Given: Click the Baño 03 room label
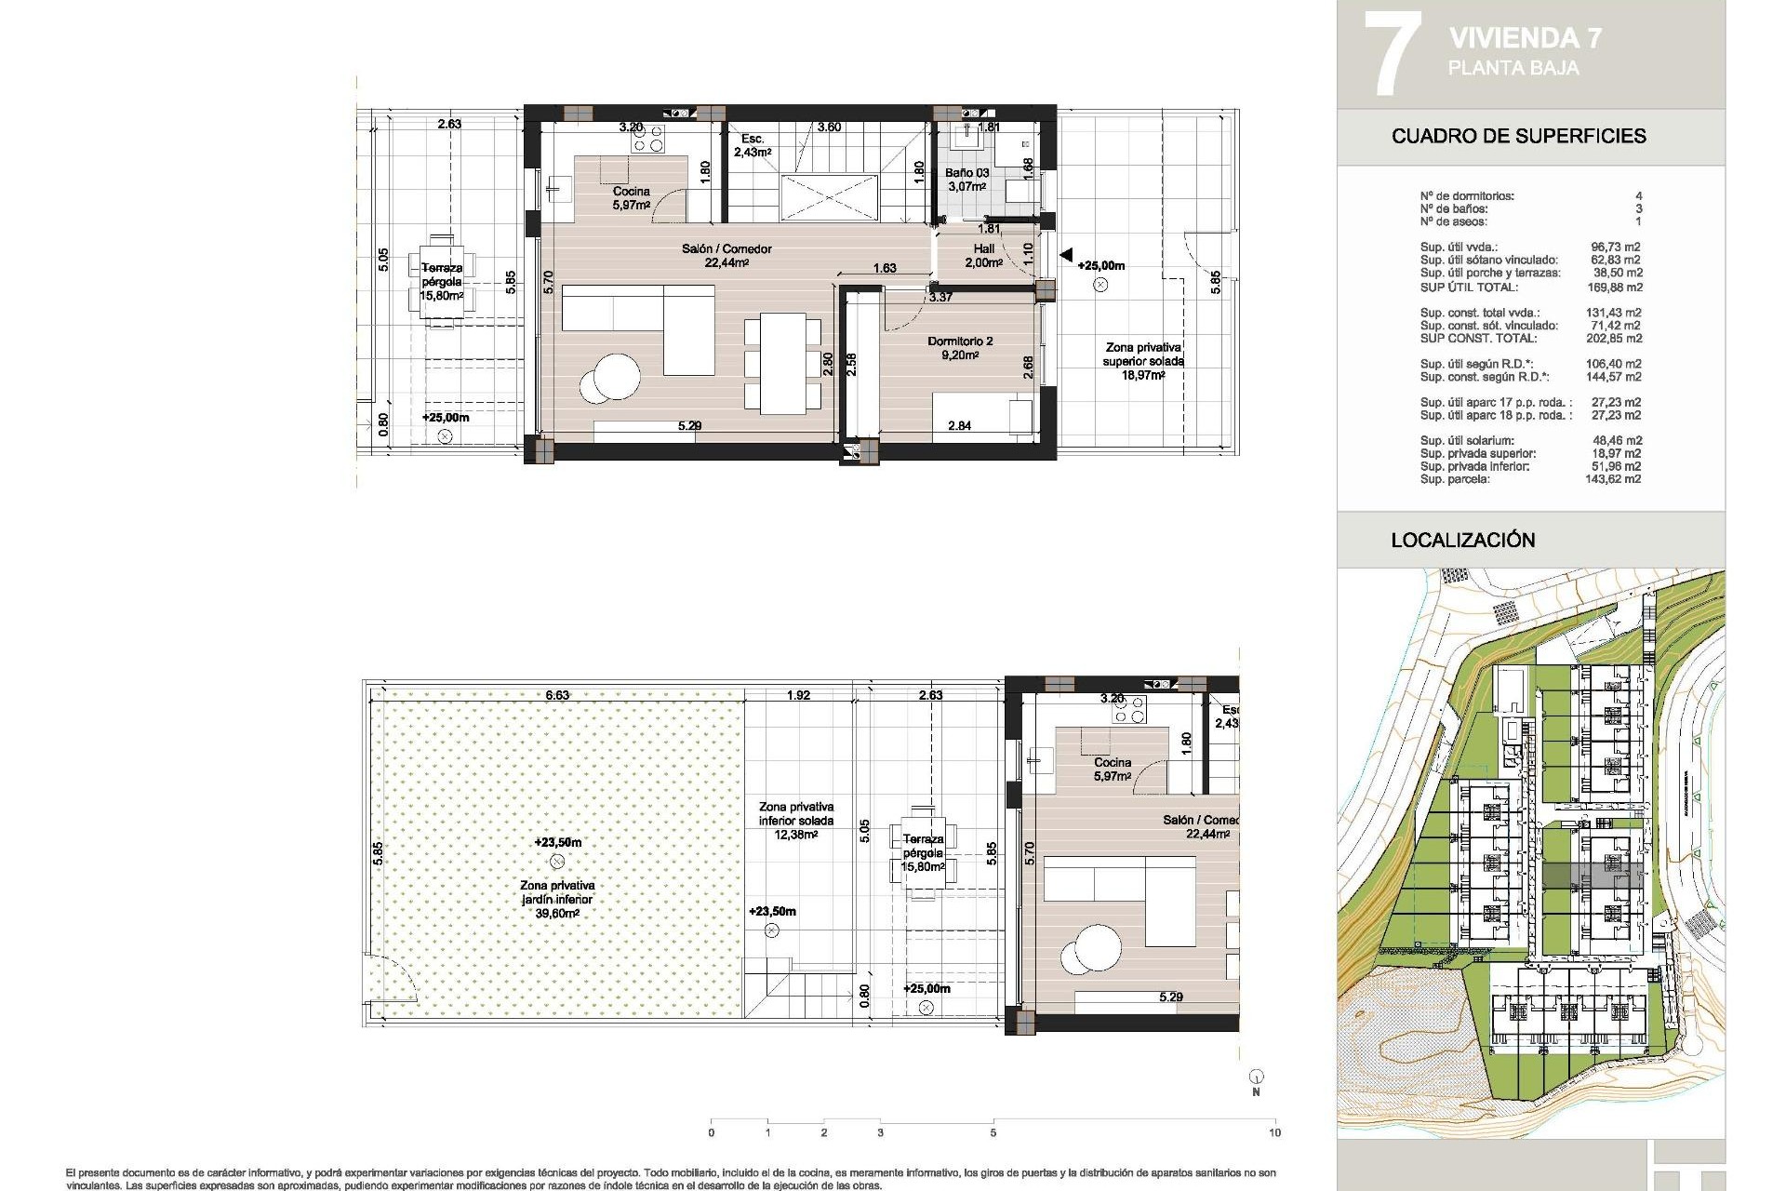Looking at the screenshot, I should [x=966, y=173].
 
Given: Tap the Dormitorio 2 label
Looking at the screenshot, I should [x=960, y=341].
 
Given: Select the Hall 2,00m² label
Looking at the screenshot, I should [x=983, y=255].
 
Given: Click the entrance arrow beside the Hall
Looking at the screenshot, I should [x=1066, y=254].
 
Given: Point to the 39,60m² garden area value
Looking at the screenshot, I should [x=557, y=914].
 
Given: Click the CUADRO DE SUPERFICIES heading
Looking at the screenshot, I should [x=1518, y=136].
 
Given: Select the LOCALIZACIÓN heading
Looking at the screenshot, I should [x=1462, y=540].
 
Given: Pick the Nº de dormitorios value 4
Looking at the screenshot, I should [x=1638, y=196].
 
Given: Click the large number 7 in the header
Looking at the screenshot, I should [x=1392, y=52].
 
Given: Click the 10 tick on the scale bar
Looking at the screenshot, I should [x=1274, y=1132].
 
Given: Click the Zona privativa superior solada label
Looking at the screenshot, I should [x=1142, y=354].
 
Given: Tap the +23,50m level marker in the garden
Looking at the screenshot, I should [x=557, y=842].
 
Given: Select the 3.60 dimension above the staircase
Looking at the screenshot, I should [x=828, y=127].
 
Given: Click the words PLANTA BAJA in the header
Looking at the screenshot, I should [x=1513, y=68].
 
